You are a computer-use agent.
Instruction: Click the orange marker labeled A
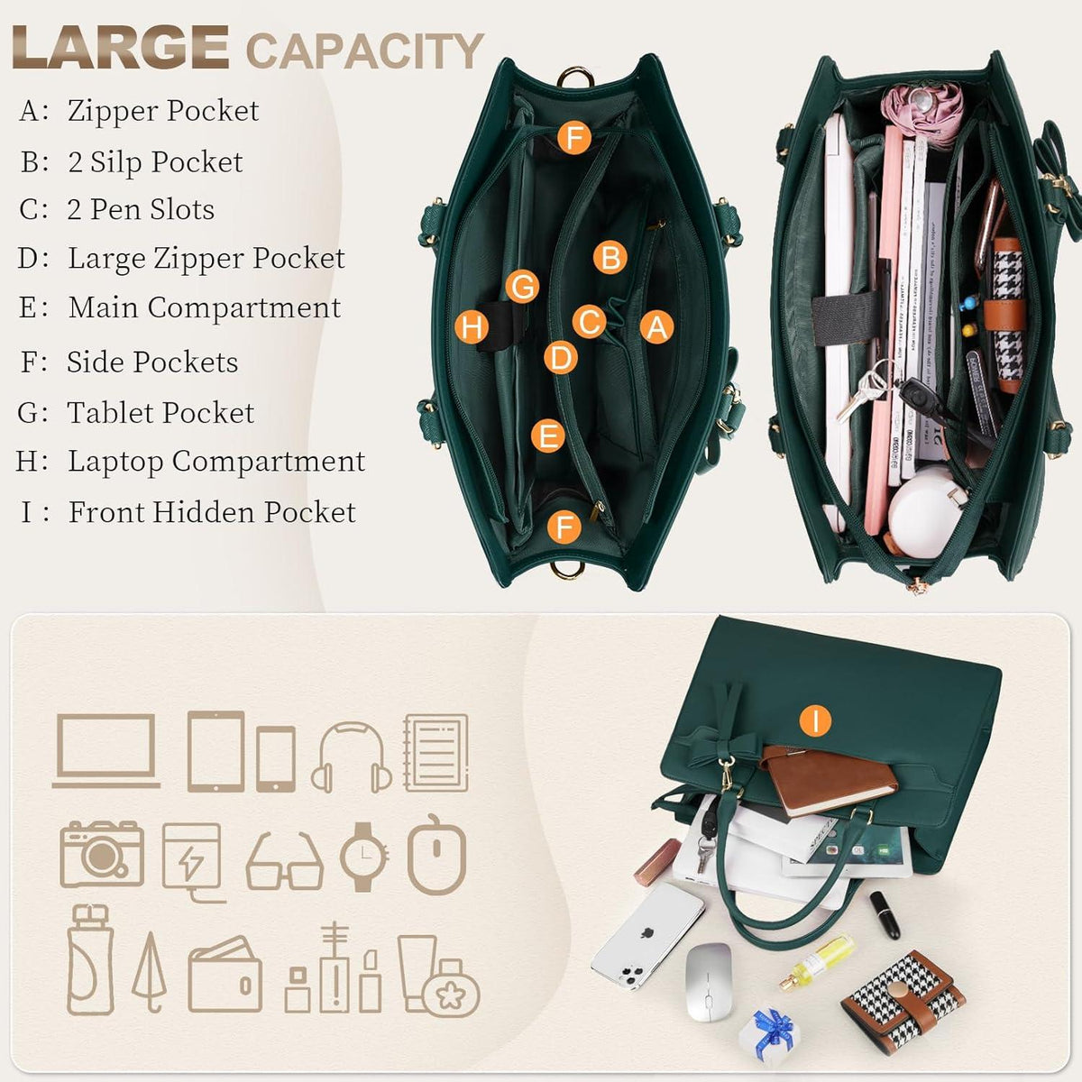[x=656, y=326]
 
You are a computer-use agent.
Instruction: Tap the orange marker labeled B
[x=610, y=258]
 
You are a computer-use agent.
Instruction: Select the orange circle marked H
[x=472, y=326]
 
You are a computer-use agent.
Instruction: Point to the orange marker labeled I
[x=815, y=720]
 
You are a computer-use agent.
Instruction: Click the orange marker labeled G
[x=522, y=286]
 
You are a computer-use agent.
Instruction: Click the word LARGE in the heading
[x=120, y=47]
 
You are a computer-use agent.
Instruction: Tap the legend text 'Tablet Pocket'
[x=160, y=413]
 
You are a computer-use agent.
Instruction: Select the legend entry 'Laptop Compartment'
[x=216, y=462]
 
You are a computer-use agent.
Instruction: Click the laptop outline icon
[x=106, y=751]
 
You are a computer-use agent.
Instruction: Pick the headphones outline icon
[x=352, y=757]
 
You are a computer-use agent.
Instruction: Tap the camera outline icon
[x=102, y=854]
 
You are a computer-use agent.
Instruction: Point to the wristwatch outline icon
[x=364, y=857]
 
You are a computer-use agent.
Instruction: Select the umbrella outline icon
[x=149, y=973]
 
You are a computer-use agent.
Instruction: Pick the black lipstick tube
[x=885, y=914]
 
